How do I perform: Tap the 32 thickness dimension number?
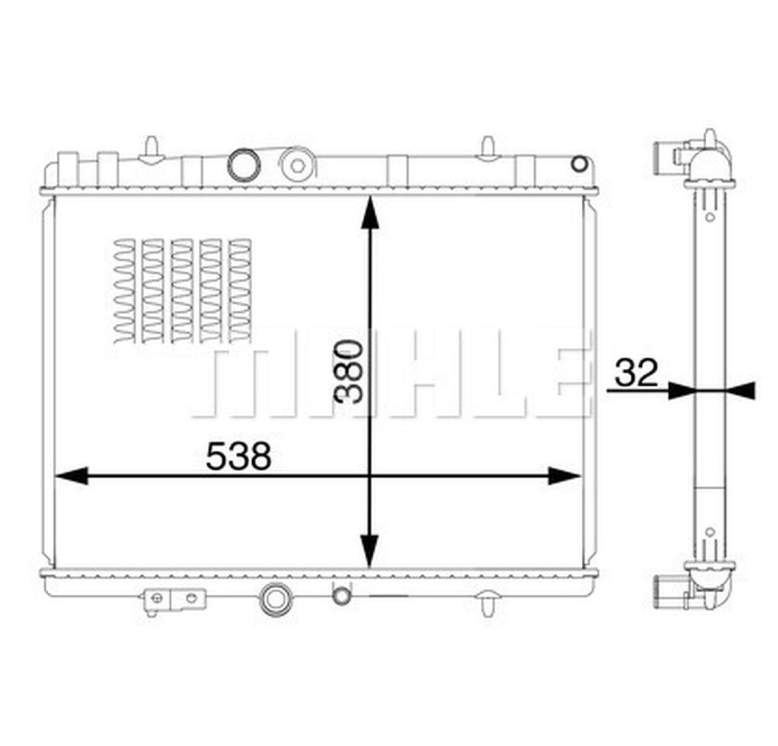636,373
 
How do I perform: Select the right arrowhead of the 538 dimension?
564,476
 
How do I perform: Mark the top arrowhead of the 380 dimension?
370,213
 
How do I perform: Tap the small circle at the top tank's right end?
579,163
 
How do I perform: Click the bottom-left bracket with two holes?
174,598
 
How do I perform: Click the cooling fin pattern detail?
182,289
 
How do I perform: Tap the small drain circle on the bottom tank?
342,594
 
